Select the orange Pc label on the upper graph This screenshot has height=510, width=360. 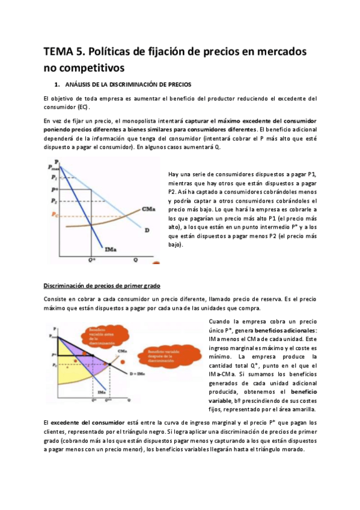[x=55, y=214]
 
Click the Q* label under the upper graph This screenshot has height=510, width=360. [x=92, y=260]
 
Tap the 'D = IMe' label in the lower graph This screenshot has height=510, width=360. [x=138, y=375]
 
